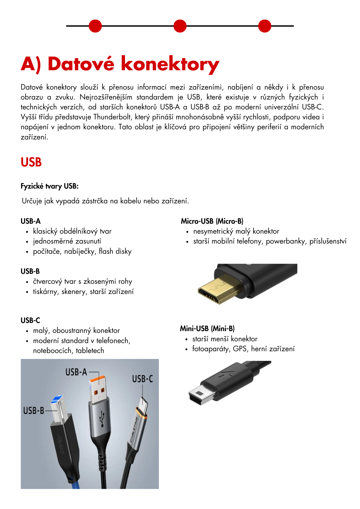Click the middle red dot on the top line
(x=180, y=26)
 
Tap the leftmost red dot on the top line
(x=95, y=26)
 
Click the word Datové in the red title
(x=81, y=64)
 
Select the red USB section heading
(x=31, y=162)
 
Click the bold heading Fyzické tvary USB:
(x=49, y=186)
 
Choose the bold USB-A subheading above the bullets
(x=31, y=221)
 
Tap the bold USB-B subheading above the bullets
(x=30, y=271)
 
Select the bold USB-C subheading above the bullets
(x=30, y=320)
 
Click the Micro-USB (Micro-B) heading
(x=212, y=221)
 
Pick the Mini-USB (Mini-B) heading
(x=207, y=329)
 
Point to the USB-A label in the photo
(x=76, y=372)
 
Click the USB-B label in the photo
(x=34, y=411)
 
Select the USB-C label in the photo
(x=142, y=379)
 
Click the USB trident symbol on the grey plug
(x=102, y=418)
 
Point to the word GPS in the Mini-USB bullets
(x=240, y=349)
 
